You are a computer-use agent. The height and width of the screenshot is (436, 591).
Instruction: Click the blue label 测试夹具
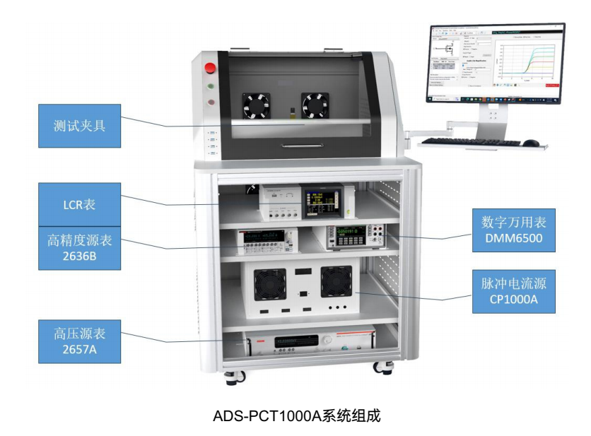[79, 126]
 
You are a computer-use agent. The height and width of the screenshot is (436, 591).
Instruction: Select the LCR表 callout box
[79, 205]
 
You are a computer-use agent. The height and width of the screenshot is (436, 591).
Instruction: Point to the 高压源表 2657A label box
[79, 341]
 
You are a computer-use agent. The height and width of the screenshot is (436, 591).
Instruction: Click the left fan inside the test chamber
[256, 107]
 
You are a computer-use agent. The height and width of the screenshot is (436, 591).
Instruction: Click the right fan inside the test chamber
[315, 107]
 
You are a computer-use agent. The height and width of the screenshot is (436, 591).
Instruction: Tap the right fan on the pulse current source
[337, 281]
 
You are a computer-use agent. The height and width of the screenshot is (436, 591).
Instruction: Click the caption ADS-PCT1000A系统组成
[296, 416]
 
